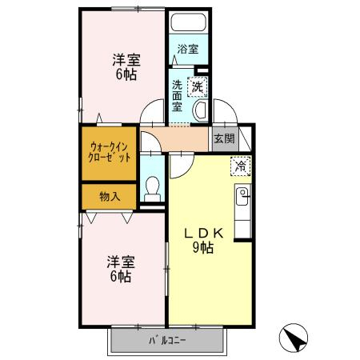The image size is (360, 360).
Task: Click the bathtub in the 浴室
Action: (188, 22)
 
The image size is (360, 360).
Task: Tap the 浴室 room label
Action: (188, 49)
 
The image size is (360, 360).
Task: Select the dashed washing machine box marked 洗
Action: (198, 86)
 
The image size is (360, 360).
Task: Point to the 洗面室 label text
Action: (177, 96)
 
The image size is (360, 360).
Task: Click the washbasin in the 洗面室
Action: (201, 111)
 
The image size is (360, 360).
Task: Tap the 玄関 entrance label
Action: (225, 138)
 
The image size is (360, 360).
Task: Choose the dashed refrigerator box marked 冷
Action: (241, 166)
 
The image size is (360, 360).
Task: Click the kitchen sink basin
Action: (242, 196)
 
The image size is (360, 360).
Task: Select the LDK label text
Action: (204, 234)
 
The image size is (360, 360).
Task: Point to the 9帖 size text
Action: (203, 248)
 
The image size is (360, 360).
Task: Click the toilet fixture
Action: (153, 189)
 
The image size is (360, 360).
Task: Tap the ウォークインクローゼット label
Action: (110, 153)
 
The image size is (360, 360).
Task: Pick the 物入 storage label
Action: (110, 197)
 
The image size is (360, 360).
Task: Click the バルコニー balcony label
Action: (167, 340)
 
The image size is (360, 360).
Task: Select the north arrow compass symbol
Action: (294, 338)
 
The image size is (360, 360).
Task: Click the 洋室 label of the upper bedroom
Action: (126, 60)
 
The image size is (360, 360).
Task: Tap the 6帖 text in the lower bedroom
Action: (121, 276)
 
